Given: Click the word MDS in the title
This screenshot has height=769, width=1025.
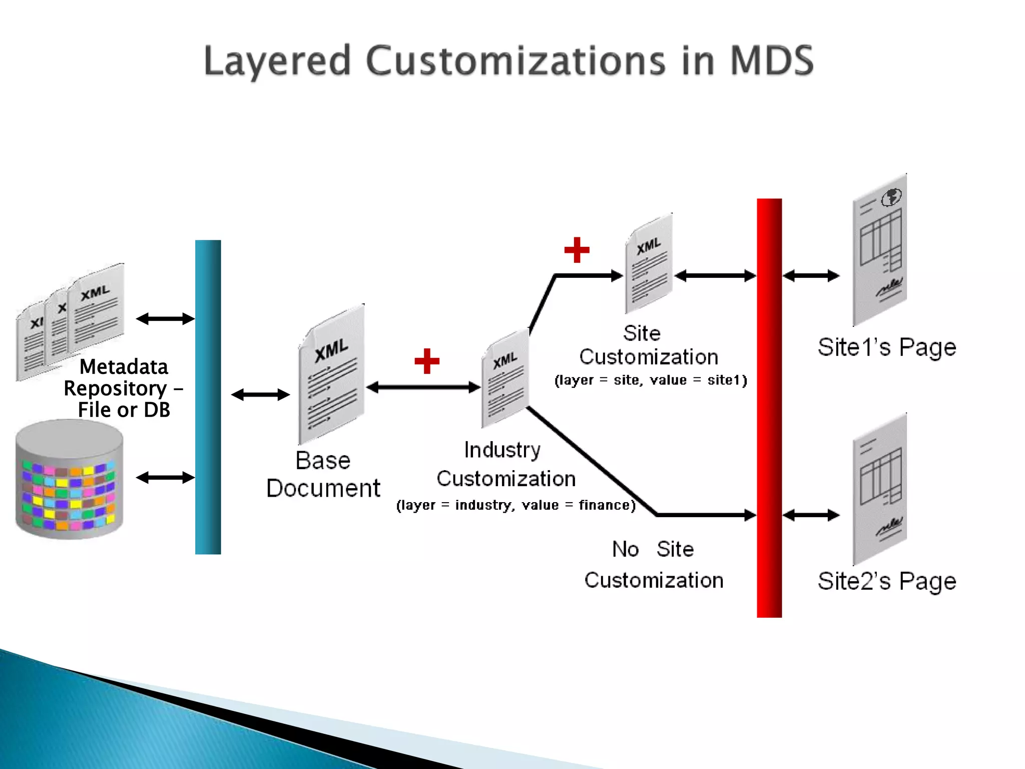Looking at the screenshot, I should coord(771,61).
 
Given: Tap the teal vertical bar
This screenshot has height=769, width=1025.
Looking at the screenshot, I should coord(208,397).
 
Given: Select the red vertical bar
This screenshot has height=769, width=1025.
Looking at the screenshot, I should coord(769,408).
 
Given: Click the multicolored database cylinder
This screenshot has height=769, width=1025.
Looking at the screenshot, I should coord(69,480).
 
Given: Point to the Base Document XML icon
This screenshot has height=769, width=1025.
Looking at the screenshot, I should coord(331,374).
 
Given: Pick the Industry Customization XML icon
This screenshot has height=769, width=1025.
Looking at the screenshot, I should coord(505,378).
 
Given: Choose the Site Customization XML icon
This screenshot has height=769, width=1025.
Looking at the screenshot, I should coord(649,264).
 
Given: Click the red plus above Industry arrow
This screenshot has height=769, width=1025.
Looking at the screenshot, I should coord(427,361).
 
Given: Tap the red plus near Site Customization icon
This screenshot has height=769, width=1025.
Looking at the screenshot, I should coord(577,250).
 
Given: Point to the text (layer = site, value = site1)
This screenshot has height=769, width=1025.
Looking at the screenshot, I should coord(651,380).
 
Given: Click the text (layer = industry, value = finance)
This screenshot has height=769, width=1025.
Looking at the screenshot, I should coord(516,505).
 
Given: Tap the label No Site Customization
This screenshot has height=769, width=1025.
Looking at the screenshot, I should coord(653,565).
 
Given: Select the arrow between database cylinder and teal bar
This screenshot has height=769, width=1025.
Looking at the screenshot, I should coord(165,478).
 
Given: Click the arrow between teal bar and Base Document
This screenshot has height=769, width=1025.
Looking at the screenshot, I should coord(260,395).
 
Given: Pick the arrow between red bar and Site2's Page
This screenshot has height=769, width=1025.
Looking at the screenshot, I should coord(811,515).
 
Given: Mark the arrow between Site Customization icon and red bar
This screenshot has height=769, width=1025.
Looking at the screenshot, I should coord(715,275).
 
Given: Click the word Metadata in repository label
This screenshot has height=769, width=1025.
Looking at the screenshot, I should coord(124,367).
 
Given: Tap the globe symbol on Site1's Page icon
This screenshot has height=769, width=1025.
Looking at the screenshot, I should coord(891,197).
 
